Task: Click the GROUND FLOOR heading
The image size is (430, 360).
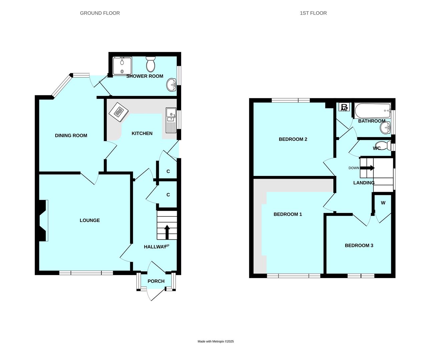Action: (100, 13)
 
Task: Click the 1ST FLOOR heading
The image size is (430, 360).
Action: (313, 13)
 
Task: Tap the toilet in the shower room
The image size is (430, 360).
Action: (151, 64)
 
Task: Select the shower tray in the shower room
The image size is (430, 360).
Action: (122, 66)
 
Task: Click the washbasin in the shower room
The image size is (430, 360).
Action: (171, 85)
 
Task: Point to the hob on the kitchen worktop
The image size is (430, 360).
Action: (119, 112)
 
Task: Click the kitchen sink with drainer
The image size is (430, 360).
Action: (171, 120)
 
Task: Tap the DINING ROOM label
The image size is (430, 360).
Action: (71, 135)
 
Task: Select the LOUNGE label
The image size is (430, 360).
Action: (90, 220)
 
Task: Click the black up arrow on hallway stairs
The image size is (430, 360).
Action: (167, 232)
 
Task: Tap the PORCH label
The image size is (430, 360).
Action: (156, 281)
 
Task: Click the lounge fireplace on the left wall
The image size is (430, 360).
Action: (43, 220)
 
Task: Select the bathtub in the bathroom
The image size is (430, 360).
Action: (373, 111)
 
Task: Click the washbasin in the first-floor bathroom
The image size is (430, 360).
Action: (385, 128)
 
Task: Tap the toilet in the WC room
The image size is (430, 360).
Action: (383, 146)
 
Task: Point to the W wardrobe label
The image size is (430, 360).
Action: (383, 203)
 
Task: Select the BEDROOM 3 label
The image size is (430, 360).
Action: (359, 245)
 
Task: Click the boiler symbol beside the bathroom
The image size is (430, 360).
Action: (344, 107)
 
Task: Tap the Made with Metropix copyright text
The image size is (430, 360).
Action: (216, 341)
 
